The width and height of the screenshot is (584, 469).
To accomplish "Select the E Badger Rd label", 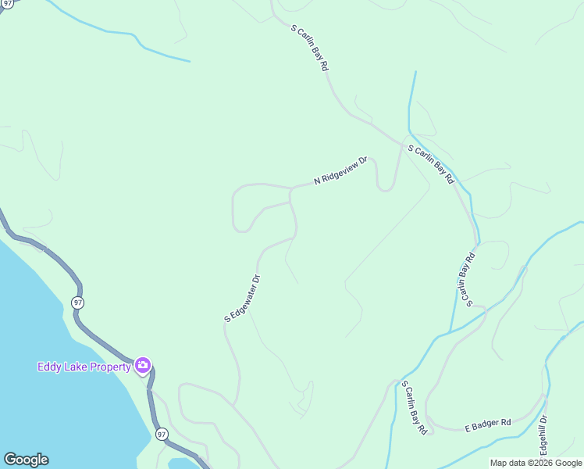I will pos(487,423).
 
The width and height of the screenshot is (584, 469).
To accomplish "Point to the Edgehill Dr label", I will pos(544,436).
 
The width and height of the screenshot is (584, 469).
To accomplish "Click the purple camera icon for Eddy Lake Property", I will pos(142,365).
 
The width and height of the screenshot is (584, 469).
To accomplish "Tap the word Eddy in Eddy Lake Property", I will pos(49,366).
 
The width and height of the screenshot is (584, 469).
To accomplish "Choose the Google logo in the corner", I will pos(26,460).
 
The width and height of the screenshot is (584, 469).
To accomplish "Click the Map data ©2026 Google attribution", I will pos(536,463).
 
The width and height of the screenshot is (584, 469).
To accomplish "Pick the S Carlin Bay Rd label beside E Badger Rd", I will pos(415,407).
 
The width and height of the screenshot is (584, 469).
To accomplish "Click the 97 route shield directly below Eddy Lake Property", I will pos(162,434).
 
